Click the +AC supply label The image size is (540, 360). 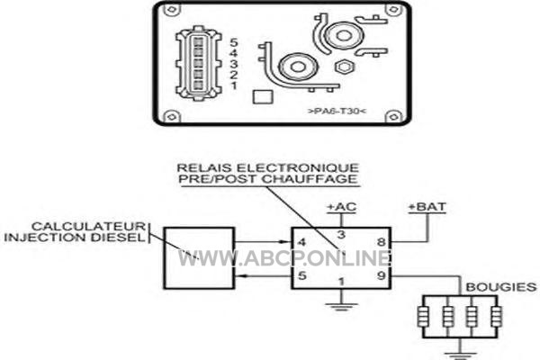click(x=341, y=207)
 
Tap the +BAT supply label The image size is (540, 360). click(x=427, y=207)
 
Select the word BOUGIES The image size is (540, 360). click(x=501, y=287)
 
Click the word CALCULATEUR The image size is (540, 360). click(x=89, y=226)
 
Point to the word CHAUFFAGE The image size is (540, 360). click(x=310, y=179)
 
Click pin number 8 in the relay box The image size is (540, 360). click(x=381, y=242)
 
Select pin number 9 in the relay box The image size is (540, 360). click(x=381, y=275)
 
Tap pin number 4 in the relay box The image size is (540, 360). click(x=301, y=242)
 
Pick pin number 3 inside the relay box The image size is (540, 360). click(x=341, y=235)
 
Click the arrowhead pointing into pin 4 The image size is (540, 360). click(x=286, y=242)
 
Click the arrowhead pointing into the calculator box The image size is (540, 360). click(x=240, y=275)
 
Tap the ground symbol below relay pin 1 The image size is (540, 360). click(x=341, y=307)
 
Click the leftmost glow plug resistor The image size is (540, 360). click(x=423, y=317)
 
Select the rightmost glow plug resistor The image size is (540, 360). click(x=496, y=317)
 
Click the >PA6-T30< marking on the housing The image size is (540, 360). click(x=337, y=112)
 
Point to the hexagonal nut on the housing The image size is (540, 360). click(x=343, y=67)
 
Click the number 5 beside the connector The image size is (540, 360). click(x=234, y=42)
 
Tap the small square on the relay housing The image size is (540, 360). click(x=263, y=97)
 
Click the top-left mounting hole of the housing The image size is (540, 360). click(x=171, y=9)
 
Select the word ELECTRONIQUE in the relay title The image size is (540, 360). click(x=298, y=168)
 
